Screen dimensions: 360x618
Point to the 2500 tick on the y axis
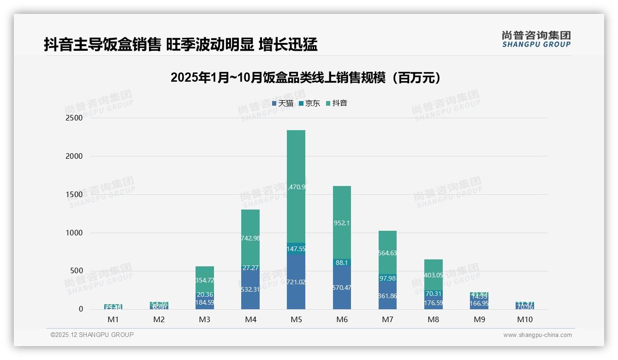click(74, 118)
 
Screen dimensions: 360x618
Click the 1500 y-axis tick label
click(74, 195)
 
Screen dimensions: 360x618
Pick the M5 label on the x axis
click(296, 320)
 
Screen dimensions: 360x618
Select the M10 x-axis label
click(525, 320)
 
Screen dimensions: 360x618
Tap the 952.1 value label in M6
click(342, 223)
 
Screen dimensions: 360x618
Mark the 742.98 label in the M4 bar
click(250, 238)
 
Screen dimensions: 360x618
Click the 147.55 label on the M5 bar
click(296, 249)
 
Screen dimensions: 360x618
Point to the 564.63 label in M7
click(387, 253)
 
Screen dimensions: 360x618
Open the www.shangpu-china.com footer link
click(537, 335)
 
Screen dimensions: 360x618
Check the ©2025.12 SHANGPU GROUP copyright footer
click(92, 335)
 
